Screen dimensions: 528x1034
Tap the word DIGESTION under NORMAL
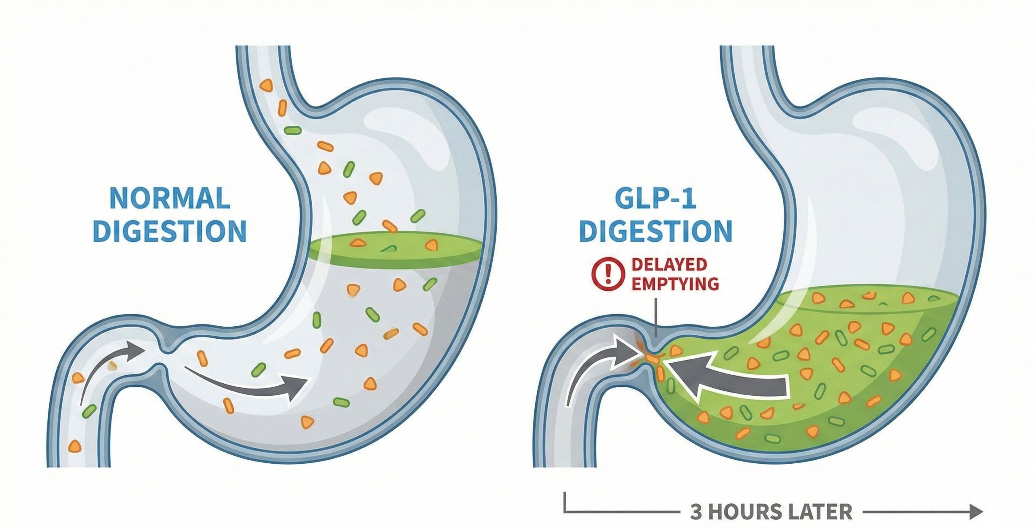pyautogui.click(x=170, y=231)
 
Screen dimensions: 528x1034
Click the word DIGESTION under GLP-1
pyautogui.click(x=656, y=231)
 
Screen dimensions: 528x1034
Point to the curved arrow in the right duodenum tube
pyautogui.click(x=598, y=366)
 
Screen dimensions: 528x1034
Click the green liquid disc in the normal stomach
pyautogui.click(x=396, y=251)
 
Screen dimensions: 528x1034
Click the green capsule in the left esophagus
pyautogui.click(x=292, y=130)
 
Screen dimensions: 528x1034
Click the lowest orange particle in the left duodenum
pyautogui.click(x=74, y=446)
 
